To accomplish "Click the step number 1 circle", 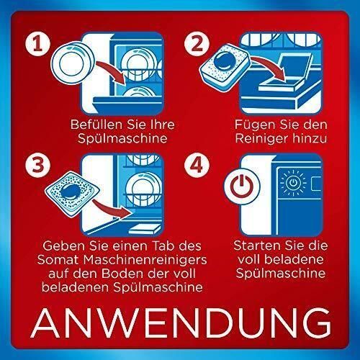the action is click(37, 44).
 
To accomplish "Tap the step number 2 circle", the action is click(197, 44).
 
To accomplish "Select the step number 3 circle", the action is click(37, 165).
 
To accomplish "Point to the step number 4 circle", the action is click(197, 165).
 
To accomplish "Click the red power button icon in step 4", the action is click(242, 186).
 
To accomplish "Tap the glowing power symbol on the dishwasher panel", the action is click(293, 183).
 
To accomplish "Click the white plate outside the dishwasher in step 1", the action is click(73, 63).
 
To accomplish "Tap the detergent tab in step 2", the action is click(225, 68).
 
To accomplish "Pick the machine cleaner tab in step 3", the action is click(72, 194).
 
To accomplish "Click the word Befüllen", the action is click(96, 125).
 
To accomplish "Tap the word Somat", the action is click(58, 260).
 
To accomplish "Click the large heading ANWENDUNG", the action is click(181, 323).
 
